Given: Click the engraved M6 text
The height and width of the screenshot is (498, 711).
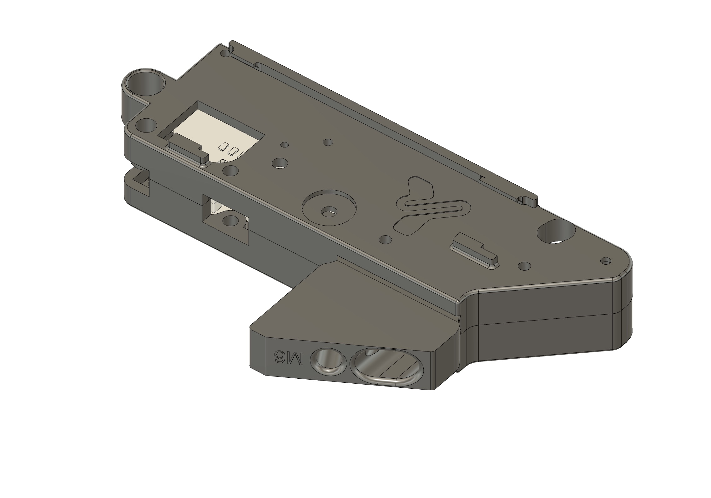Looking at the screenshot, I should (x=289, y=357).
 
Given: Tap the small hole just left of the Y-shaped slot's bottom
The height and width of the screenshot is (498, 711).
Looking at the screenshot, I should (x=385, y=240).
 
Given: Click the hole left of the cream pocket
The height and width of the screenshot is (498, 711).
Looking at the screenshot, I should (x=146, y=125).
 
